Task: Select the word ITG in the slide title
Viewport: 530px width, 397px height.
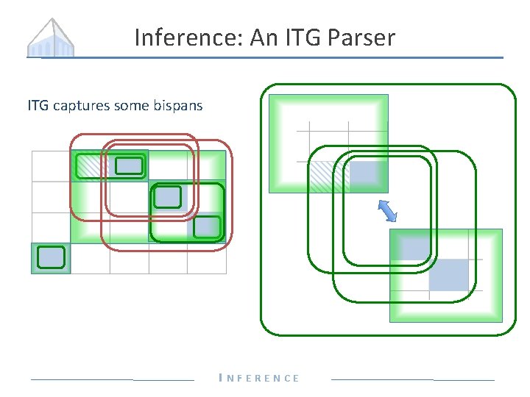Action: pyautogui.click(x=298, y=37)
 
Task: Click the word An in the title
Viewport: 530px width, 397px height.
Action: pyautogui.click(x=263, y=37)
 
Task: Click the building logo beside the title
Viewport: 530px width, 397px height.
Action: pyautogui.click(x=51, y=38)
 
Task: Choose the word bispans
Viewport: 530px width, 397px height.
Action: pyautogui.click(x=178, y=106)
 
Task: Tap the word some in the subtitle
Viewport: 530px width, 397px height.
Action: pyautogui.click(x=130, y=106)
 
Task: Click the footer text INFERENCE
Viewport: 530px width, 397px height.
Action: pyautogui.click(x=260, y=378)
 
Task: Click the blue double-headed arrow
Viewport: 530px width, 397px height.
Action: pyautogui.click(x=387, y=210)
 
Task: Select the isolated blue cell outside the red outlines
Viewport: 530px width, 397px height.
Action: pyautogui.click(x=51, y=257)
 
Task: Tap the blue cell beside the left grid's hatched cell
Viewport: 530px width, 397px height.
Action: pyautogui.click(x=129, y=166)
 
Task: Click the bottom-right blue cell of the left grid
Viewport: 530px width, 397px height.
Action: pyautogui.click(x=207, y=226)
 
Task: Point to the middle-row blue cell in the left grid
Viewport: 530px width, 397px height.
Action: pyautogui.click(x=168, y=196)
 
